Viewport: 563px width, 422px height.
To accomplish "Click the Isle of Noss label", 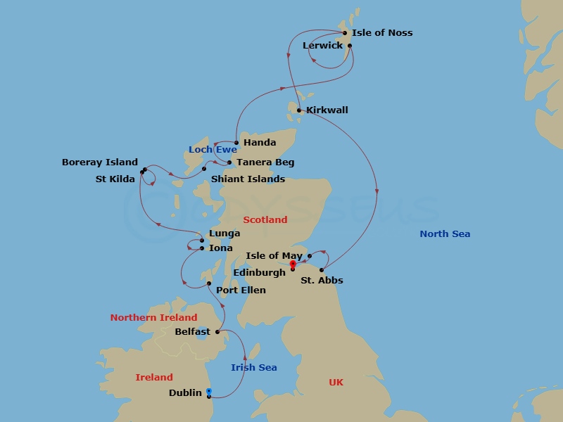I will pos(382,33).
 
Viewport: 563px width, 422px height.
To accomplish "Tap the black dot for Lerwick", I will pos(350,46).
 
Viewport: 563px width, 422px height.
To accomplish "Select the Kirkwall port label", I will pos(327,110).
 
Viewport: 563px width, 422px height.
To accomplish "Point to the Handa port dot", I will pos(236,143).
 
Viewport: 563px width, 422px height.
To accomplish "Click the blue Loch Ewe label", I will pos(213,150).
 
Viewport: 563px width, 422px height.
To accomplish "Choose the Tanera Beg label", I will pos(265,162).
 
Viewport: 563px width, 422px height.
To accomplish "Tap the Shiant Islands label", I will pos(248,179).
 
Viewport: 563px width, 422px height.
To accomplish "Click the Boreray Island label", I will pos(100,162).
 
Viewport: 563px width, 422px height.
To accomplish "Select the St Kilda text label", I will pos(115,179).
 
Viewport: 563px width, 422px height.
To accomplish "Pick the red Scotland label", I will pos(265,220).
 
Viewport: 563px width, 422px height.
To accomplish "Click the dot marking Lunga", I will pos(202,241).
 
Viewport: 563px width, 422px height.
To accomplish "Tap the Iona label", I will pos(220,248).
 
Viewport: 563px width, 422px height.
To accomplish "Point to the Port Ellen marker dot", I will pos(209,283).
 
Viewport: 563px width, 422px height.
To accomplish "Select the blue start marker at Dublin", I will pos(209,391).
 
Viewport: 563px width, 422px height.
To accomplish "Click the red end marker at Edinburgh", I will pos(293,264).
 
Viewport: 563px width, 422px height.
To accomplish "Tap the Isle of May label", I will pos(274,256).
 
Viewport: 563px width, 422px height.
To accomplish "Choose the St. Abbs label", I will pos(322,281).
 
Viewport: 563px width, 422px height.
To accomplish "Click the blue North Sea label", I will pos(445,234).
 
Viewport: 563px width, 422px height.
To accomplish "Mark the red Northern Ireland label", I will pos(153,318).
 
